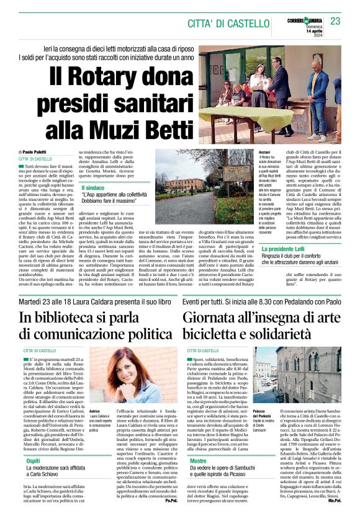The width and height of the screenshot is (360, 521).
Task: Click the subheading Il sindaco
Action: (92, 187)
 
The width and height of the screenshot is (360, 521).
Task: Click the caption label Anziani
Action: (247, 152)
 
